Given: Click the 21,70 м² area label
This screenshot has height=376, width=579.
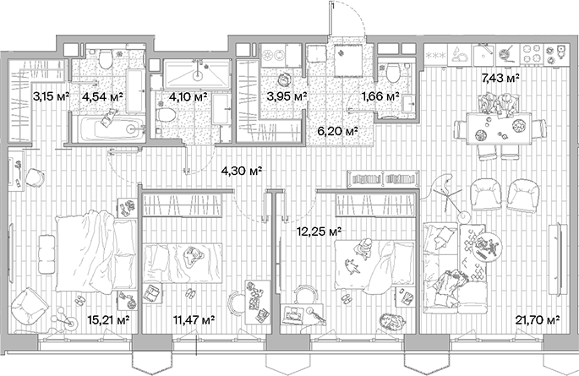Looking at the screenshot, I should click(x=538, y=319).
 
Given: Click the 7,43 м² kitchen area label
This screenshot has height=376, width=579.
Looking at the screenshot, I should click(x=500, y=78).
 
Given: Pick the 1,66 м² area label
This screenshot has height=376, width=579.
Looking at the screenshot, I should click(x=380, y=97).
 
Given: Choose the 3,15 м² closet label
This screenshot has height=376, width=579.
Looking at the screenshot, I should click(x=49, y=97).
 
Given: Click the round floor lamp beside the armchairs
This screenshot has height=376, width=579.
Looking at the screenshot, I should click(x=462, y=215).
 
